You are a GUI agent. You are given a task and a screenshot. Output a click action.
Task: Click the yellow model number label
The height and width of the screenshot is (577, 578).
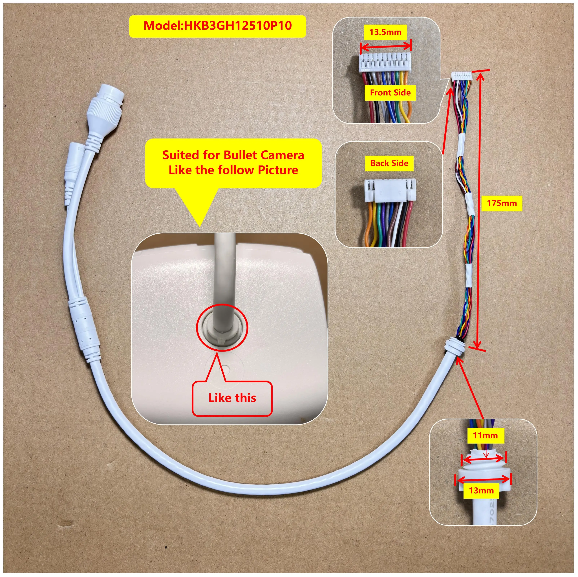click(x=217, y=26)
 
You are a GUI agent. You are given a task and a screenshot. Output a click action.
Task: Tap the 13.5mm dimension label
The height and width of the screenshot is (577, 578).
click(x=385, y=32)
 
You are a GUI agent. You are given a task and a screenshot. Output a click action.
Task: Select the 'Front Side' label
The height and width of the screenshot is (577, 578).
click(x=390, y=93)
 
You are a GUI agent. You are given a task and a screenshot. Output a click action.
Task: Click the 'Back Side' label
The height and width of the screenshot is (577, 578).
click(x=389, y=163)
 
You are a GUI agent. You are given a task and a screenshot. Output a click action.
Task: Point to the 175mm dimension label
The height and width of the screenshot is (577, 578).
click(x=502, y=203)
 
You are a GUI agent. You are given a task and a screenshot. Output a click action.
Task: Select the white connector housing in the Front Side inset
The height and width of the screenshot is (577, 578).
click(x=384, y=63)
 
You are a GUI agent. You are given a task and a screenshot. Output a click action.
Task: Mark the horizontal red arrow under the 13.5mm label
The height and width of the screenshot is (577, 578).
click(x=386, y=46)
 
